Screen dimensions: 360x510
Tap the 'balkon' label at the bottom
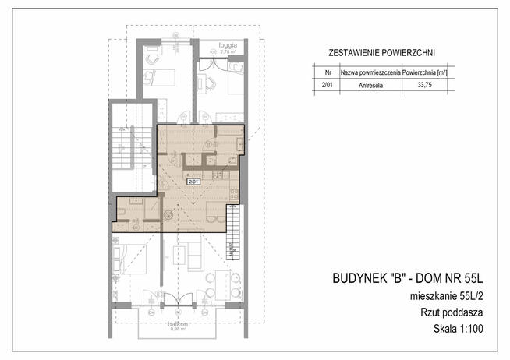click(x=172, y=324)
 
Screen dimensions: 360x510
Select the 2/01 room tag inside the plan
click(x=192, y=182)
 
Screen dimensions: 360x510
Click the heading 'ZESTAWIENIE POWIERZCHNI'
click(x=373, y=54)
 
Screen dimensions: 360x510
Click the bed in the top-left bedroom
click(x=160, y=76)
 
